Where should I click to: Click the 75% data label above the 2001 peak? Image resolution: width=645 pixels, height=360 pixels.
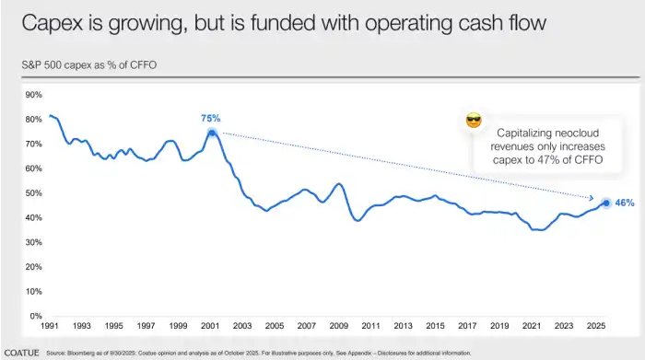click(211, 118)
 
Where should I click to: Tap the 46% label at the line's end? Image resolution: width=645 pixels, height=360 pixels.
click(626, 203)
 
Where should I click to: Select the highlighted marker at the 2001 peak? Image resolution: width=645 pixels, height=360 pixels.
click(212, 133)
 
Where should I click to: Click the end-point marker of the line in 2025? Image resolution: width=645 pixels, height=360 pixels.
click(605, 203)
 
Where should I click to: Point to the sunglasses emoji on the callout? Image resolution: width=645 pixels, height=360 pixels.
click(475, 122)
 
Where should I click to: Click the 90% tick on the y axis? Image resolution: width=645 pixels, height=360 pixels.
click(33, 95)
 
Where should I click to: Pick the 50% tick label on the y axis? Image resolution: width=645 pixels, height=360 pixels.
click(33, 193)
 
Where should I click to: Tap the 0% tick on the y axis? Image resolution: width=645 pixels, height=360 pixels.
click(36, 316)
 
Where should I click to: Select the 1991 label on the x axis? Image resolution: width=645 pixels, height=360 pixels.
click(50, 326)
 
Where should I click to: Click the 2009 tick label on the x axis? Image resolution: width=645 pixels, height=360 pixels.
click(340, 326)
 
